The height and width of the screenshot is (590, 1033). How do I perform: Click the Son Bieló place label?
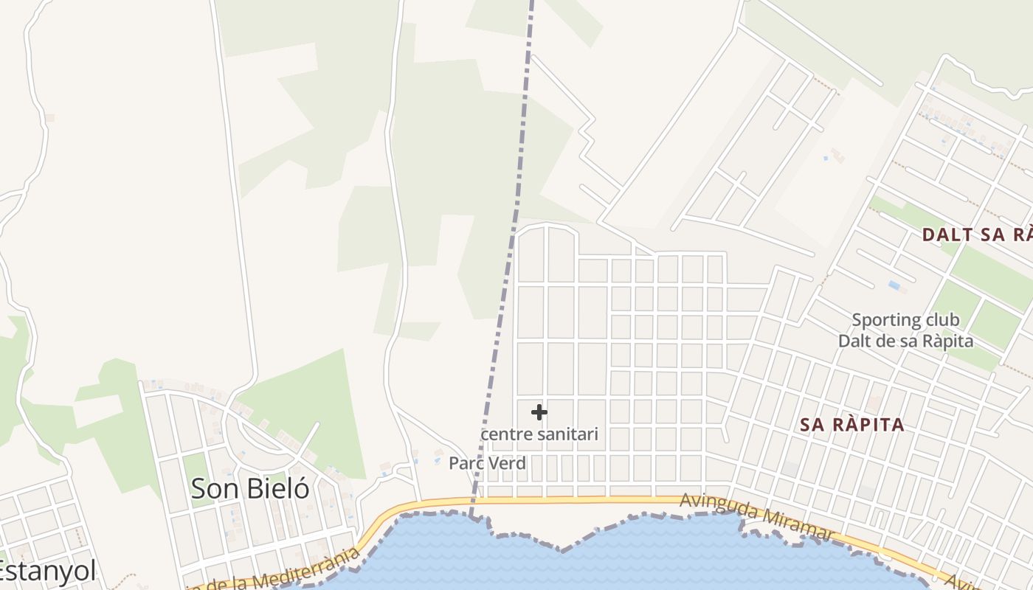point(249,488)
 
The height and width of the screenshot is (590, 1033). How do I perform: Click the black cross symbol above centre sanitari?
point(539,412)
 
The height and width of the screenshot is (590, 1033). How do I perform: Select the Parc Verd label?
point(487,463)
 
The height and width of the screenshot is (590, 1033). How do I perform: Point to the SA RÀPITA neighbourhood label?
point(852,425)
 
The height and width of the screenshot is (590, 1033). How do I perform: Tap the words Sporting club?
point(905,320)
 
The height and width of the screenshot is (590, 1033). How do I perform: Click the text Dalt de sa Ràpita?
point(905,341)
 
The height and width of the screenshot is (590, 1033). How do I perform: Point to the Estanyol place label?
point(46,571)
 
